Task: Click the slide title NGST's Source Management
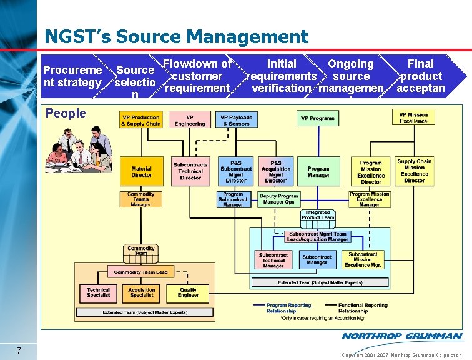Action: [x=176, y=37]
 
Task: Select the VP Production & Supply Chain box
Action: [x=141, y=120]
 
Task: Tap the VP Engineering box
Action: [x=190, y=120]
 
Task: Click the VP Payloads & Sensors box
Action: [x=236, y=120]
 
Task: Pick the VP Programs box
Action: [x=318, y=118]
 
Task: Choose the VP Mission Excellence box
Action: [x=413, y=117]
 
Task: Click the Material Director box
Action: [x=141, y=172]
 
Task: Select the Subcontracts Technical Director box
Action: [x=190, y=171]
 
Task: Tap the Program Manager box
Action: [x=318, y=172]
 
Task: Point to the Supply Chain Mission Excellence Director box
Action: [x=414, y=171]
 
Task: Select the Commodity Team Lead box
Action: [x=141, y=272]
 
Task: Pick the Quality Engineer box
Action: [x=188, y=292]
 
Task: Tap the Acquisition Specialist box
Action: [x=142, y=292]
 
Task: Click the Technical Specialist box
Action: [x=98, y=292]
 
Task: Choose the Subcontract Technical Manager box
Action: [x=273, y=260]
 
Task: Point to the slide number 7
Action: [x=19, y=350]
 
